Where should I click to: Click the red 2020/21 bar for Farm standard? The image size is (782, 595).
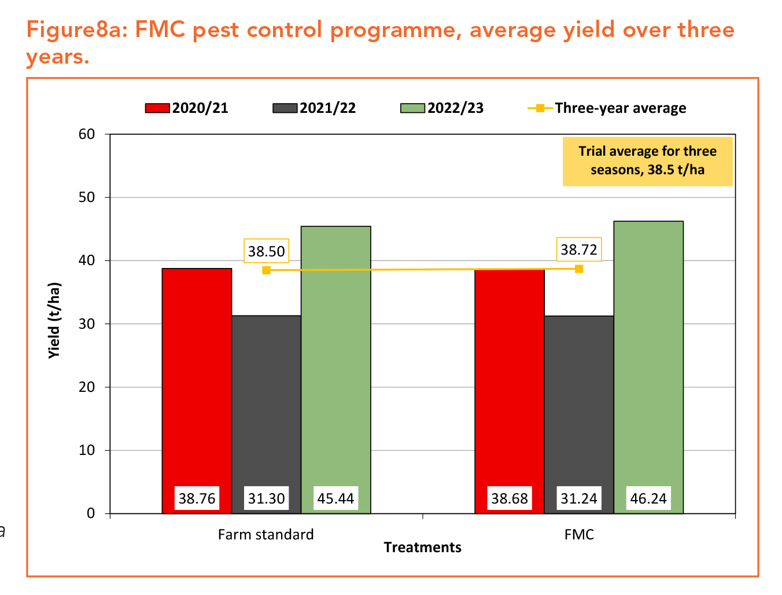point(197,376)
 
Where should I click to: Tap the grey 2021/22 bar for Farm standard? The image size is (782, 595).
point(266,399)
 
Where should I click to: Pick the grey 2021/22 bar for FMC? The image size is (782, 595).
point(579,399)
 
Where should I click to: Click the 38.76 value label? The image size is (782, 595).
point(197,498)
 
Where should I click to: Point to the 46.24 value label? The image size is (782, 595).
point(648,498)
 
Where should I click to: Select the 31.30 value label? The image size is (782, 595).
point(266,498)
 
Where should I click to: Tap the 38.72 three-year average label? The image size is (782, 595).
point(579,249)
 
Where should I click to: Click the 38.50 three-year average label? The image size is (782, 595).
point(266,251)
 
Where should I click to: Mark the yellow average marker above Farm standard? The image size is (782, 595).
point(266,270)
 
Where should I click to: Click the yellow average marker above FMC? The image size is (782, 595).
point(579,269)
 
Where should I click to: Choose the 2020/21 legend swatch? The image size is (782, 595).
point(157,108)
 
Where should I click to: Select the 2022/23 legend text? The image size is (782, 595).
point(455,108)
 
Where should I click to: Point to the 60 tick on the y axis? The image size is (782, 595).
point(87,134)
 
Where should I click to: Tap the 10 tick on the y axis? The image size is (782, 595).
point(87,450)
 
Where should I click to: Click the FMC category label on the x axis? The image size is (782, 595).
point(579,534)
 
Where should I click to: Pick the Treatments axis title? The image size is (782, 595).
point(422,548)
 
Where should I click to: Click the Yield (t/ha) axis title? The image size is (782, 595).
point(54,320)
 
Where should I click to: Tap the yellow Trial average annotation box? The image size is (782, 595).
point(647,161)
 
